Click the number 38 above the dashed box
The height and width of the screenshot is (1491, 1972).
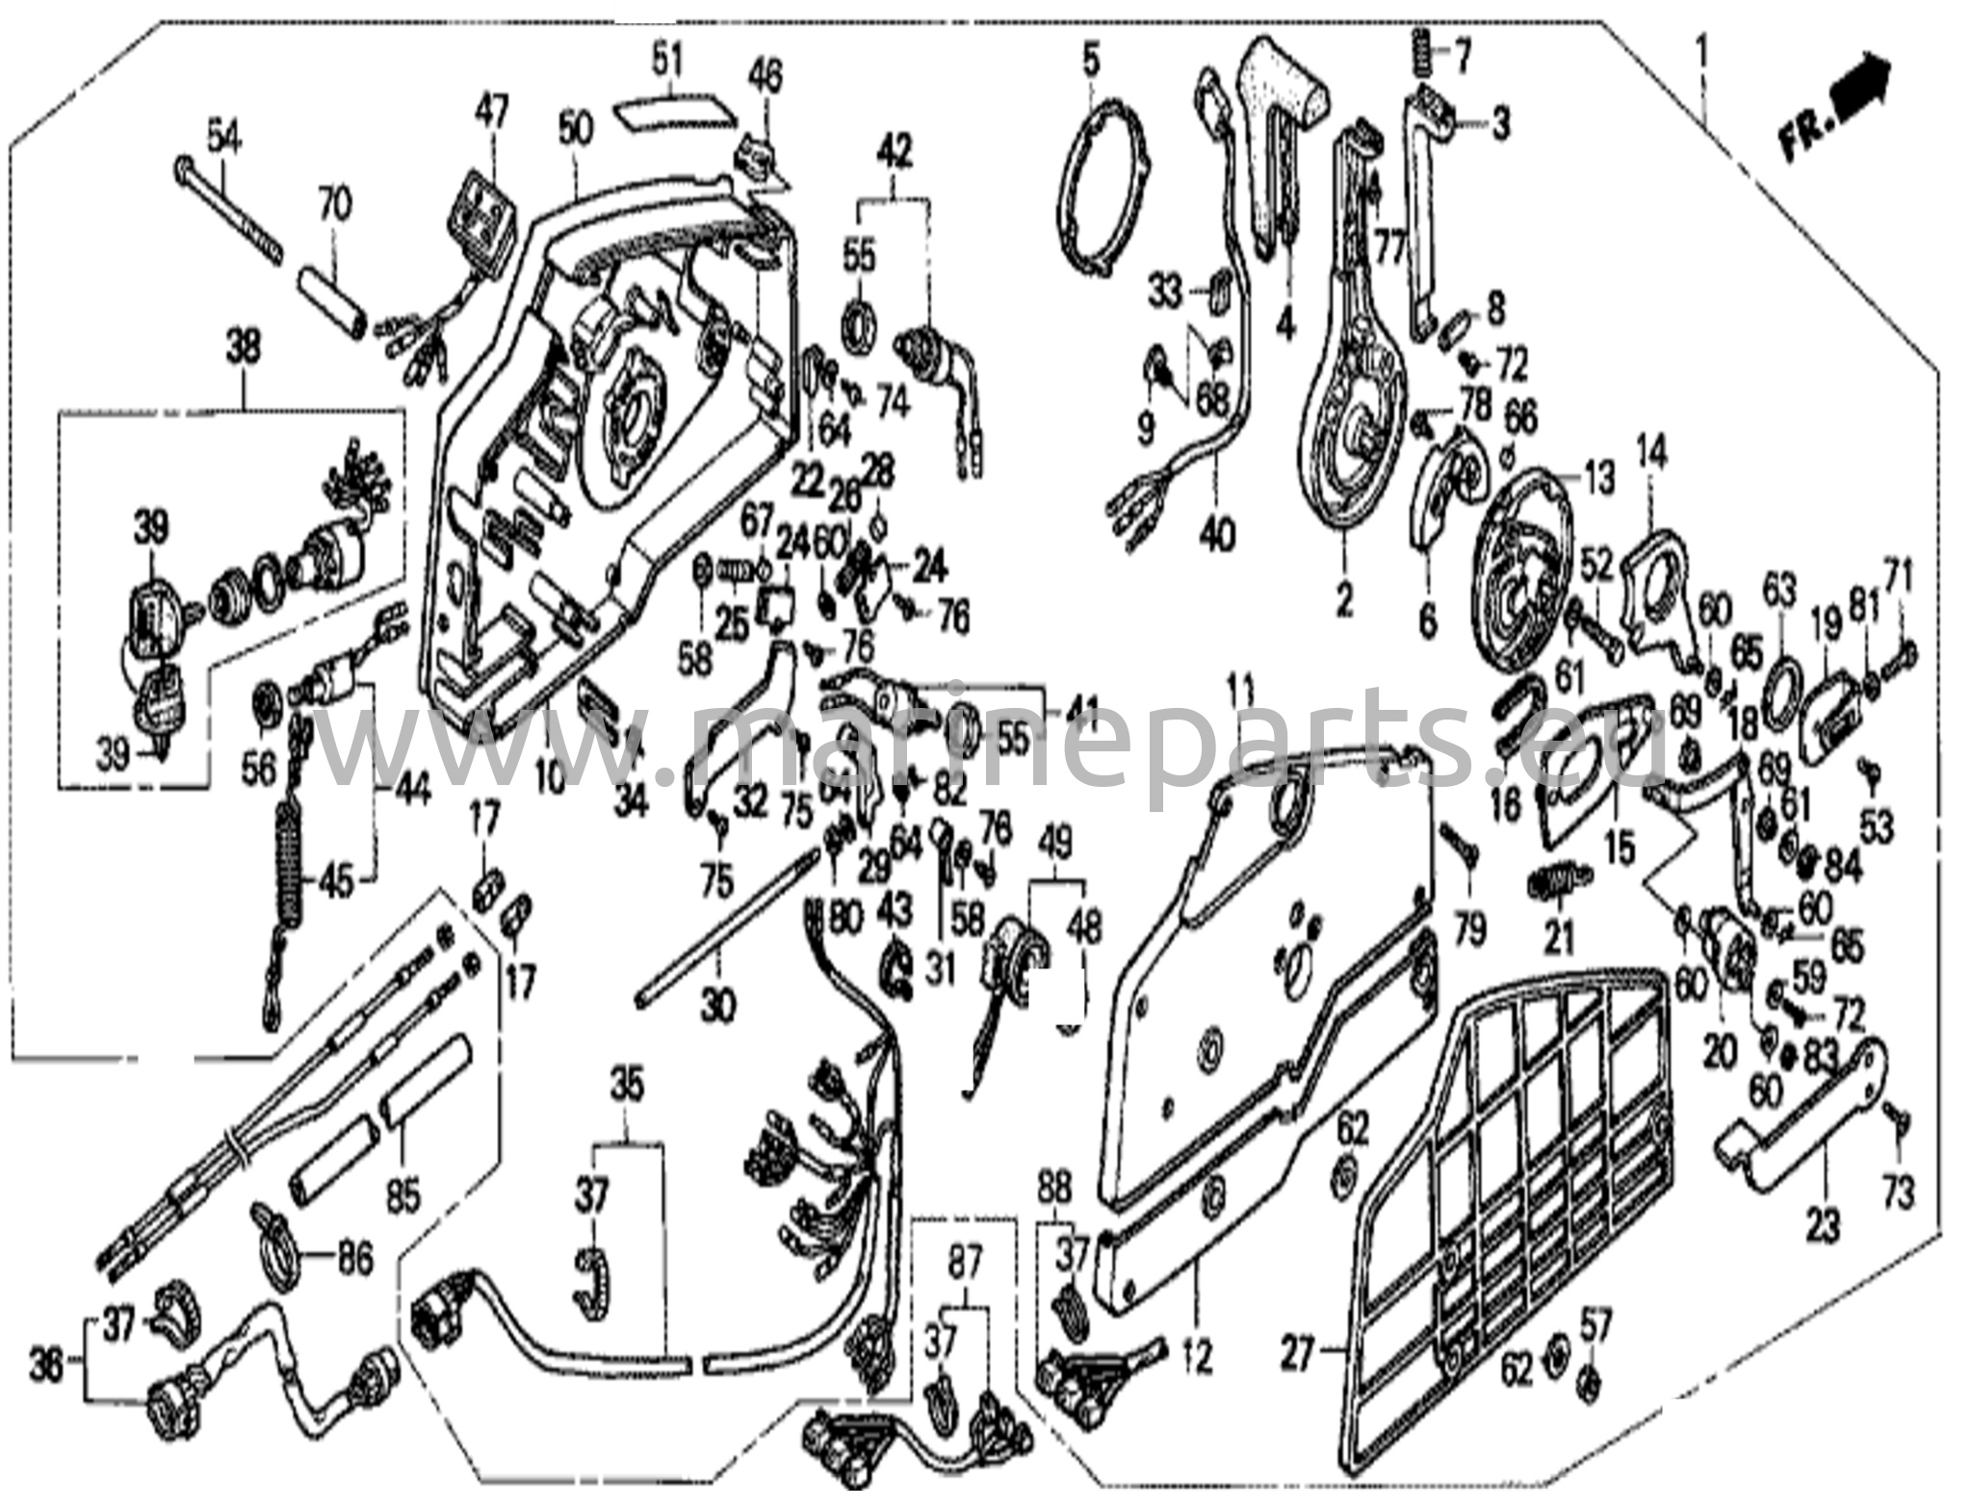(243, 348)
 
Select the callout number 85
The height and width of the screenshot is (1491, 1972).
(402, 1197)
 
